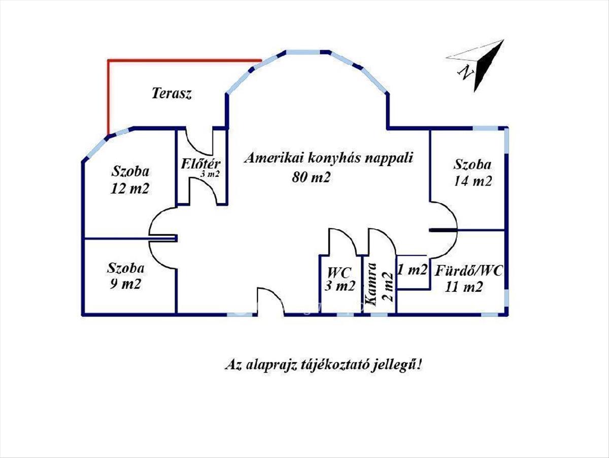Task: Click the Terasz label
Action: pos(172,94)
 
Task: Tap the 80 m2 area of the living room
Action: pos(312,177)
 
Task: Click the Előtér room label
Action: pos(200,164)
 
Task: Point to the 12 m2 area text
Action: pos(130,189)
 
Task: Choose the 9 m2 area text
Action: pos(124,284)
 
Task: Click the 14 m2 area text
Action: pos(472,181)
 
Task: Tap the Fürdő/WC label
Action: pos(468,271)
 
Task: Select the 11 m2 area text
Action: pos(464,287)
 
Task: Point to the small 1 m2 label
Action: pos(413,270)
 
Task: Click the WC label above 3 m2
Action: pos(340,270)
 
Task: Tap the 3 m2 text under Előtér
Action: pos(210,174)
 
